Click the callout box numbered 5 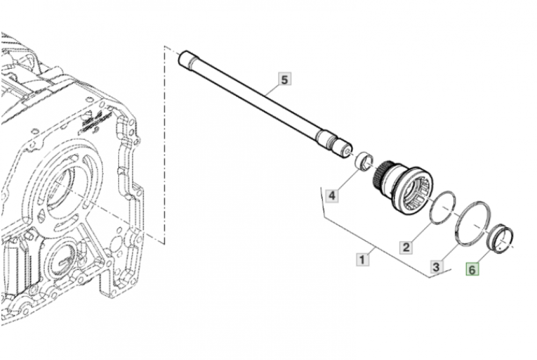285,80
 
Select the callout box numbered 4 332,195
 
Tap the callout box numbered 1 363,261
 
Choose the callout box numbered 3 437,266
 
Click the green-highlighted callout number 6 471,270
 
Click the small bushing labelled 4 365,160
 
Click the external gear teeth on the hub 382,175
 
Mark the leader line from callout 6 483,257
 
